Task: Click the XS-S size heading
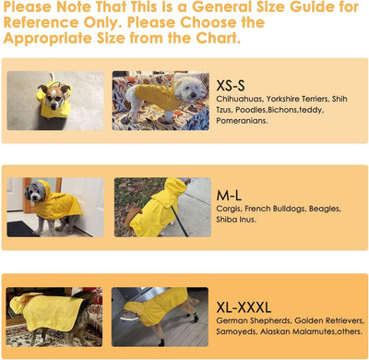232,82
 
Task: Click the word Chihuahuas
243,97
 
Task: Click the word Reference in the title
42,23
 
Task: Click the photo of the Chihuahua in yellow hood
53,100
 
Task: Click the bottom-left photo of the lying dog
54,316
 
